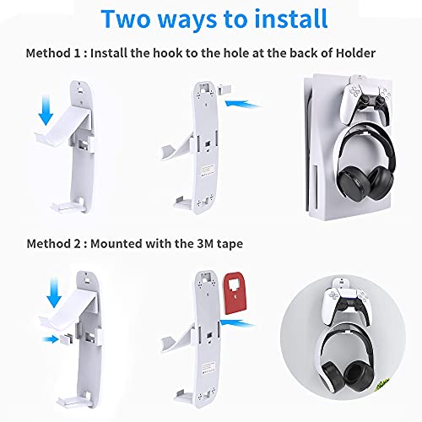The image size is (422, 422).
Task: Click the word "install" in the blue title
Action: pyautogui.click(x=291, y=19)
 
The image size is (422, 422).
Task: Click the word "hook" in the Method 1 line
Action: pyautogui.click(x=167, y=53)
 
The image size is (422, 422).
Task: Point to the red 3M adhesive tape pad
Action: pyautogui.click(x=235, y=293)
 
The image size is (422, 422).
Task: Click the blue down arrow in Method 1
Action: pyautogui.click(x=46, y=110)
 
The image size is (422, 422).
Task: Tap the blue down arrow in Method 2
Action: pyautogui.click(x=54, y=292)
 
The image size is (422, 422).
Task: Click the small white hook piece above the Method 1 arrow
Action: pyautogui.click(x=224, y=90)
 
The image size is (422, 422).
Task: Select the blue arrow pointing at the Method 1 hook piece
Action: pyautogui.click(x=242, y=104)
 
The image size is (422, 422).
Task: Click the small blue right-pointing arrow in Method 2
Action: pyautogui.click(x=51, y=339)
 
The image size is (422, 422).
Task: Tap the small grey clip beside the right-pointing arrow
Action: pyautogui.click(x=67, y=339)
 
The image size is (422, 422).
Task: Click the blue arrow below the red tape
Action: pyautogui.click(x=238, y=323)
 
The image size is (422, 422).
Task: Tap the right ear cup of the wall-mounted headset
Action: pyautogui.click(x=360, y=375)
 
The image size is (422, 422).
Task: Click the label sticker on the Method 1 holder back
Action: pyautogui.click(x=208, y=170)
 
